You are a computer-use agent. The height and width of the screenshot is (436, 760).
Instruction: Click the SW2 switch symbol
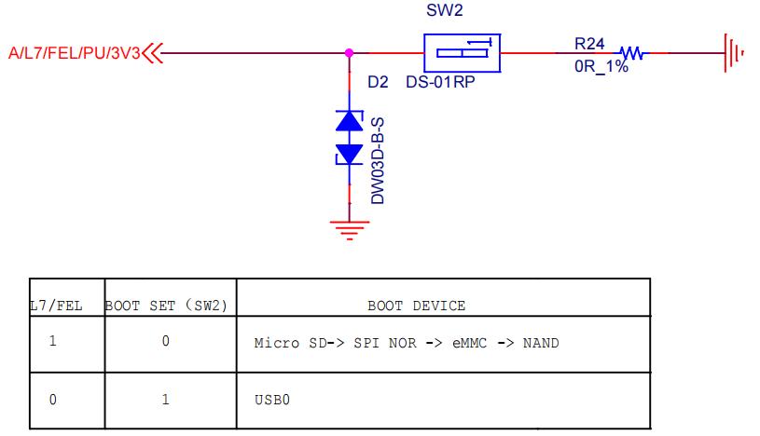tap(463, 53)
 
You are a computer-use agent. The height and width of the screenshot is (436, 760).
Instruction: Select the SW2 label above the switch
tap(445, 12)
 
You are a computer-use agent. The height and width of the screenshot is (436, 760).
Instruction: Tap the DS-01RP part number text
tap(440, 82)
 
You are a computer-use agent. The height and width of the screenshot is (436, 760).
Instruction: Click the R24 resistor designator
tap(589, 44)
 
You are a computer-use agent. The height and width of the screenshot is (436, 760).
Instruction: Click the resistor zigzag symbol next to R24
tap(631, 53)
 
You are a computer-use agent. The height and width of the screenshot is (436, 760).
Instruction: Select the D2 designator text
tap(378, 82)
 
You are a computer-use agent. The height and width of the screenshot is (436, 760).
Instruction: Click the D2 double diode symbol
tap(350, 137)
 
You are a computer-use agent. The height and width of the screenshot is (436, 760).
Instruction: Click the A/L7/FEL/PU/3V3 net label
tap(74, 53)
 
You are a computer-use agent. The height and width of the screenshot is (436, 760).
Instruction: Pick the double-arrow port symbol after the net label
tap(153, 53)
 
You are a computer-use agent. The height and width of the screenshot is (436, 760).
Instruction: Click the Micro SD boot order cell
tap(407, 343)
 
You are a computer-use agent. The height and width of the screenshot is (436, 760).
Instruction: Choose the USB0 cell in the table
tap(273, 400)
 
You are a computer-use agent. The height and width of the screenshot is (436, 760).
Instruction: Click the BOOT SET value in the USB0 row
tap(165, 400)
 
